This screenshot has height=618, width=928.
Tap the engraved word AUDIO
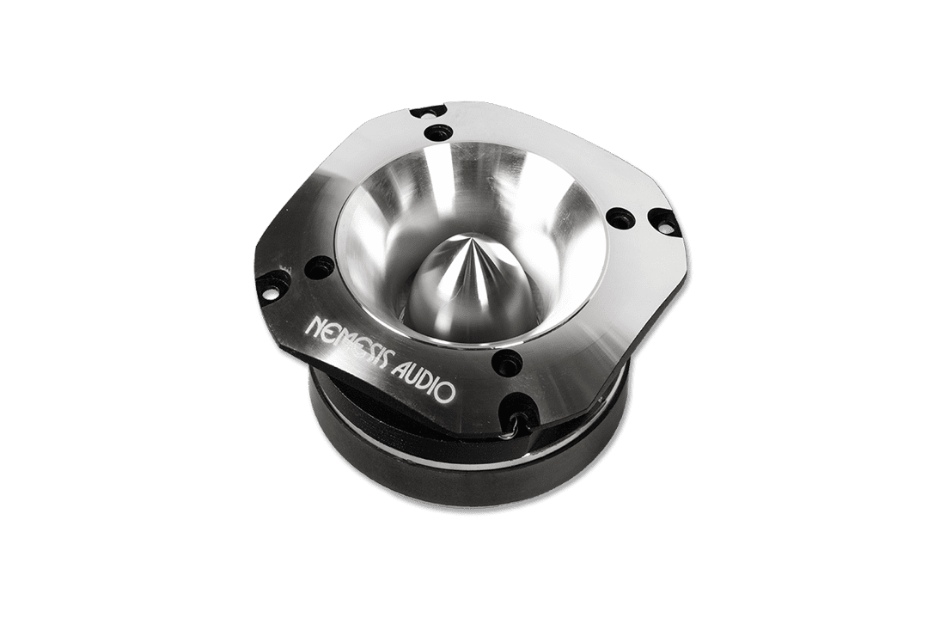coord(423,381)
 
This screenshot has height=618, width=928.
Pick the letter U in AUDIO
coord(412,376)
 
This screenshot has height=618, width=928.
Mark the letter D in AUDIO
coord(425,382)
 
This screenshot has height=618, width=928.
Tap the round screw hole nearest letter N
coord(320,267)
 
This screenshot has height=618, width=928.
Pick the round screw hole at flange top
coord(440,132)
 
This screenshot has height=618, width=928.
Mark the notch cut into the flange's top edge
coord(427,110)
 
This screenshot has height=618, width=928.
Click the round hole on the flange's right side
coord(620,217)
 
